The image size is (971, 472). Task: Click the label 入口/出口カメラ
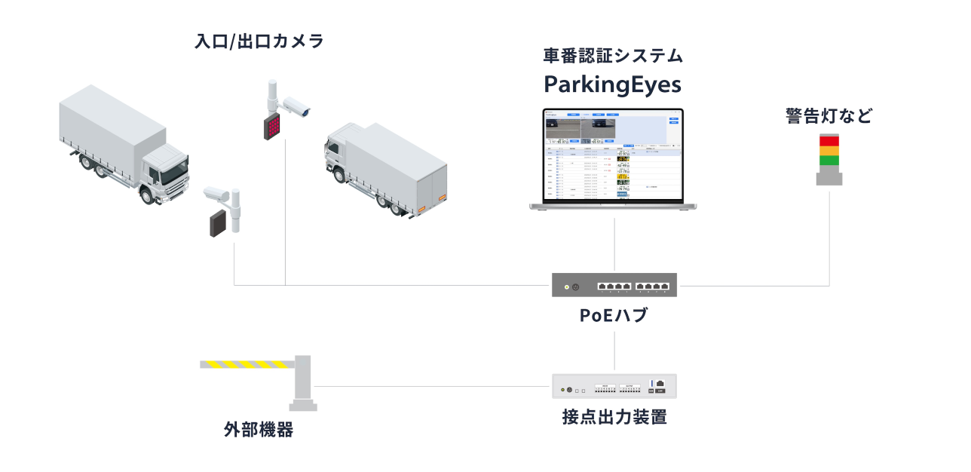pyautogui.click(x=259, y=41)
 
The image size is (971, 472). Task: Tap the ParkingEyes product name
pyautogui.click(x=613, y=83)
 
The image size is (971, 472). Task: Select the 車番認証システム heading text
pyautogui.click(x=613, y=56)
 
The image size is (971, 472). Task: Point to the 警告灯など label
pyautogui.click(x=829, y=117)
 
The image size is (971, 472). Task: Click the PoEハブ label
pyautogui.click(x=614, y=316)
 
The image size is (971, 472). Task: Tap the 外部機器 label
pyautogui.click(x=259, y=431)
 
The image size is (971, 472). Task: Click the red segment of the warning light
pyautogui.click(x=829, y=140)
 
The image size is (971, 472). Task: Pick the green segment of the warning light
pyautogui.click(x=829, y=160)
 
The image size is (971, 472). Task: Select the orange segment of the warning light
pyautogui.click(x=829, y=150)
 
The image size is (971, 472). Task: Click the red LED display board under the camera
pyautogui.click(x=271, y=126)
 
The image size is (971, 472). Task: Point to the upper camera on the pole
pyautogui.click(x=295, y=107)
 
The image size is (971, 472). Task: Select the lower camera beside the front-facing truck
pyautogui.click(x=216, y=194)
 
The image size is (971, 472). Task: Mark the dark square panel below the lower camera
pyautogui.click(x=219, y=224)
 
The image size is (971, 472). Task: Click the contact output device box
pyautogui.click(x=614, y=387)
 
